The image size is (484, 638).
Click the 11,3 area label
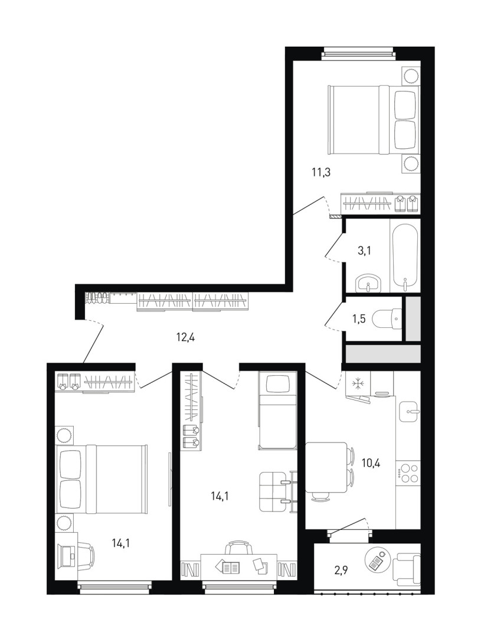tap(321, 172)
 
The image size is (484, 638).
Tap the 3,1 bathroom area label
tap(365, 250)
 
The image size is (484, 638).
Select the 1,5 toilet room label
tap(359, 318)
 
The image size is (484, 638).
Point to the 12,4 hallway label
tap(185, 337)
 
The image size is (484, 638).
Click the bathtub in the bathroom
tap(405, 256)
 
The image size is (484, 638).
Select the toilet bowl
tap(387, 318)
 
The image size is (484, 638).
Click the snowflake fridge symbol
tap(357, 384)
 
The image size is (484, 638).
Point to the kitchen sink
tap(409, 411)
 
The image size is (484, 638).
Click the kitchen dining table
tap(326, 467)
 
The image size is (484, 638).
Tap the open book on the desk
tap(230, 567)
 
